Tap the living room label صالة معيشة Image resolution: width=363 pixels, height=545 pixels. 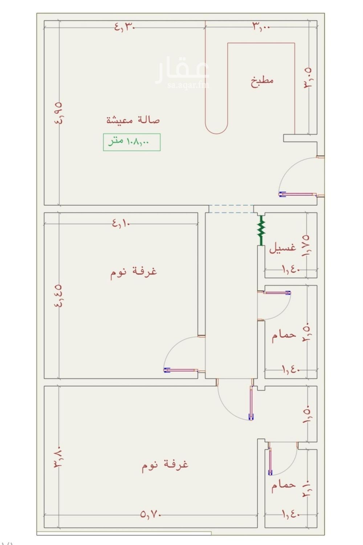(133, 120)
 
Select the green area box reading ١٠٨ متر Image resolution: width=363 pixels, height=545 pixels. (132, 142)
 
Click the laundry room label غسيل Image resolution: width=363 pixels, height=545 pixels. (283, 248)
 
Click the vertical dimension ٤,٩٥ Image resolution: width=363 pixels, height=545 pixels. (59, 113)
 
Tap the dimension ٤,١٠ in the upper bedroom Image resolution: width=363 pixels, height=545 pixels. (121, 223)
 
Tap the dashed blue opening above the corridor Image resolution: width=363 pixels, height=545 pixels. (231, 209)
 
